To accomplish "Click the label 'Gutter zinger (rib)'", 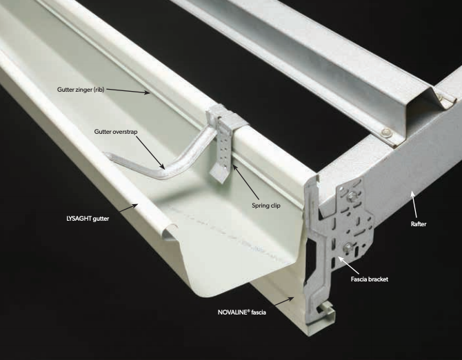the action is point(81,90).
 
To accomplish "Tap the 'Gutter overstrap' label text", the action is point(116,132).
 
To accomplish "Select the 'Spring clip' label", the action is point(266,206).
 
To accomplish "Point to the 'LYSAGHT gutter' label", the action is point(88,219).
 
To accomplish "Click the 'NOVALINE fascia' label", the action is point(242,312).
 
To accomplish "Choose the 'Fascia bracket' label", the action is point(370,279).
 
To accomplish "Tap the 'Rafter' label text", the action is point(419,224).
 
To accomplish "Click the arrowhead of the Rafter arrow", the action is point(412,193).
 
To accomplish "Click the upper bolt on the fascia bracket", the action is point(352,195).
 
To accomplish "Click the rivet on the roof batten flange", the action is point(385,132).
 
